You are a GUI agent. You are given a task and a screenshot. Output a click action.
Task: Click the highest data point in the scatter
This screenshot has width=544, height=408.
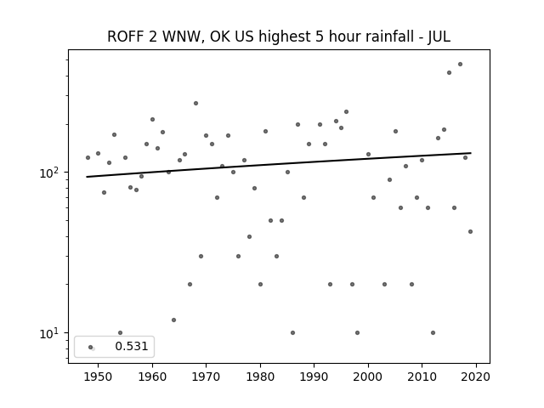[460, 65]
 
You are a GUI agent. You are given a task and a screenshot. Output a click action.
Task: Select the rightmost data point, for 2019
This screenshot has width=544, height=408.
[470, 232]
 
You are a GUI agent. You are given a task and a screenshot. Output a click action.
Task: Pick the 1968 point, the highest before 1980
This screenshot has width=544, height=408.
[195, 104]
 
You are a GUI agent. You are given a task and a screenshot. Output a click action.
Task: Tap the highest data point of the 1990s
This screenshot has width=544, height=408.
[346, 111]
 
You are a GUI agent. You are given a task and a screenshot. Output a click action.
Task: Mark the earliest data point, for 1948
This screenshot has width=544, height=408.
[88, 158]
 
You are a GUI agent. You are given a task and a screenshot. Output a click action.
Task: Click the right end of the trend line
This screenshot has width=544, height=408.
[471, 153]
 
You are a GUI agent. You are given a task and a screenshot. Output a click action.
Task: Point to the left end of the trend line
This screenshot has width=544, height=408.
[87, 177]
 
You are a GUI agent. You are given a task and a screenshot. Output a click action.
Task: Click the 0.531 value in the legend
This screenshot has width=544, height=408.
[132, 346]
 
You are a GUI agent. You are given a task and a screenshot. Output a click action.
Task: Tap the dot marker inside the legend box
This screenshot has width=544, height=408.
[91, 347]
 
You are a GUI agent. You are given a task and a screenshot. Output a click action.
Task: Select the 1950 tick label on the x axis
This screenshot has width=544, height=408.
[99, 377]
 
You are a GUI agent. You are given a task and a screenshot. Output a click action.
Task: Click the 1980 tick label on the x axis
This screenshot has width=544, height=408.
[260, 377]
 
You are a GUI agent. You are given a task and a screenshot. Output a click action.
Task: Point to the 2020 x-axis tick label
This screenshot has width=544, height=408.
[476, 377]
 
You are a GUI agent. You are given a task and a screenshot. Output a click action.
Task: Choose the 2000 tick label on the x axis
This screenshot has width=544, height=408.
[368, 377]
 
